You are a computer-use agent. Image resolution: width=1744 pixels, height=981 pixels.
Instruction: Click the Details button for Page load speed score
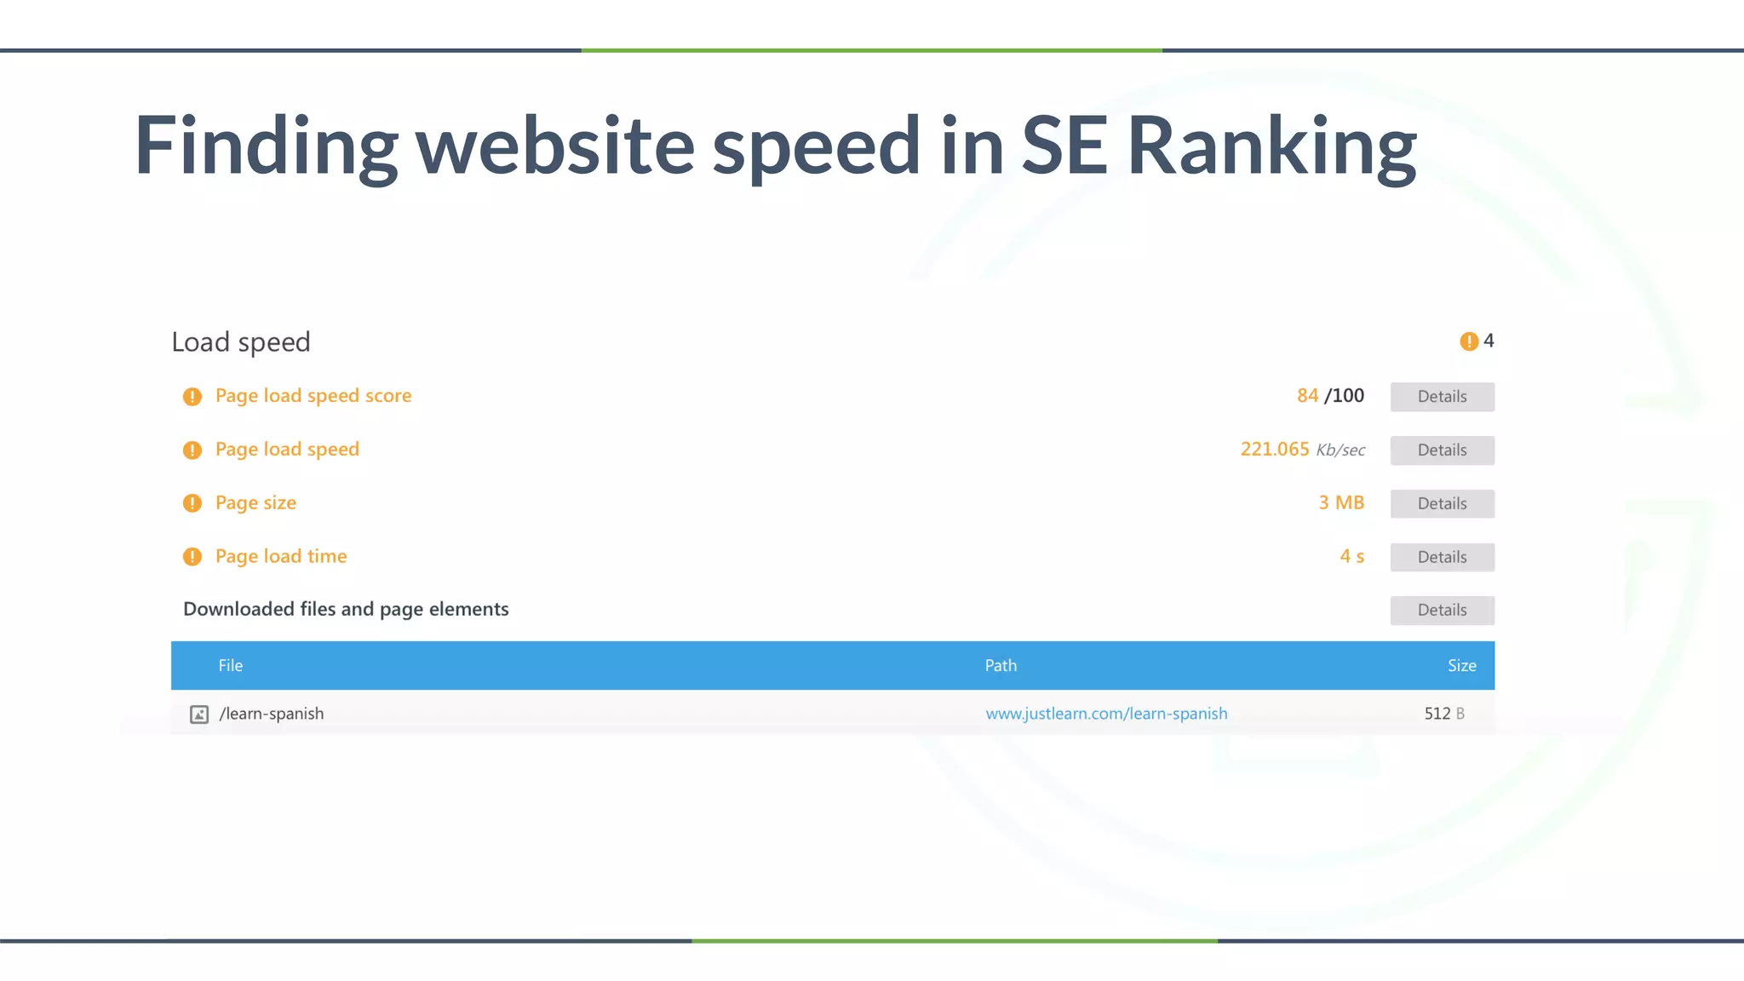(x=1442, y=397)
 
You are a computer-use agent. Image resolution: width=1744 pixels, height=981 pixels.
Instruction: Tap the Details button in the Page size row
(x=1442, y=504)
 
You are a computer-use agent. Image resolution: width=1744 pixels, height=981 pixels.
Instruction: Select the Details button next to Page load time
(x=1442, y=558)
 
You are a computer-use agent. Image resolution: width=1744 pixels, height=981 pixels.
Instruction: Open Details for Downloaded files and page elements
(x=1442, y=611)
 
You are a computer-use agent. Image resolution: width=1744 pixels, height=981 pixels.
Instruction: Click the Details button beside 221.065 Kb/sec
(x=1442, y=450)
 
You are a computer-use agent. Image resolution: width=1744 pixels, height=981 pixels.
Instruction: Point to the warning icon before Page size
(x=192, y=503)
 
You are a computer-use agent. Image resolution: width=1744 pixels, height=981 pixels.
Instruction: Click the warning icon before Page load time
(x=192, y=557)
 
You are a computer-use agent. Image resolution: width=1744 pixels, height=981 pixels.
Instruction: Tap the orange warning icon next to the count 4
(x=1469, y=341)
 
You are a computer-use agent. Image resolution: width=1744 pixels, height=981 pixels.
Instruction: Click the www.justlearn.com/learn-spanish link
(x=1106, y=714)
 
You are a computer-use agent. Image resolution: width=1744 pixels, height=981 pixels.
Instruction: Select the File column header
(x=230, y=666)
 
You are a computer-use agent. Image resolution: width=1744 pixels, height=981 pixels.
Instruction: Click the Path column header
(x=1001, y=666)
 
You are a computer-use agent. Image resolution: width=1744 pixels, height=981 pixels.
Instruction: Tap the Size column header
(x=1461, y=666)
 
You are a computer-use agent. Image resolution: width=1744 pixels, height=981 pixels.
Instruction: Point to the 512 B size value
(x=1443, y=714)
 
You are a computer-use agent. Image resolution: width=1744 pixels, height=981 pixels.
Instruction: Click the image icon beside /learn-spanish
(x=199, y=714)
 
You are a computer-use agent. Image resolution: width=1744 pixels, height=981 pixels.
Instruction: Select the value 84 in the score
(x=1307, y=396)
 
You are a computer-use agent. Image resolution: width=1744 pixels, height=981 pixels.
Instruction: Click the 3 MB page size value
(x=1341, y=503)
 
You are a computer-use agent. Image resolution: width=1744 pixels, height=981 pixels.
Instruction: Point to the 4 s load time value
(x=1351, y=557)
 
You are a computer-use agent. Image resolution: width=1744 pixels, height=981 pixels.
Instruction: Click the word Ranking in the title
(x=1271, y=146)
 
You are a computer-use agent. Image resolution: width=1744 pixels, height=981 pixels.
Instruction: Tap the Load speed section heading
(x=241, y=342)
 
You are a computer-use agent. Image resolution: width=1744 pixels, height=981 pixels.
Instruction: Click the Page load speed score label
(x=313, y=396)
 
